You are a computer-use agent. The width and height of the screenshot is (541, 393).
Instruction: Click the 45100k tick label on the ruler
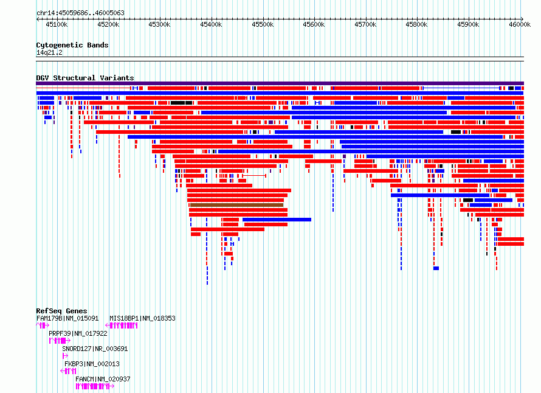coord(57,24)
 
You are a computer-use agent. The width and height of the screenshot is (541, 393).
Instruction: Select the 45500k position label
coord(263,24)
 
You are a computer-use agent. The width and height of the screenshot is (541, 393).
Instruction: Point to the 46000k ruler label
coord(520,24)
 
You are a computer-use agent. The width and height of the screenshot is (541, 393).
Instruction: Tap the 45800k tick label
coord(416,24)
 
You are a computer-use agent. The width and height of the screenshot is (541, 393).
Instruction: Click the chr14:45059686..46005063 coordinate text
coord(80,13)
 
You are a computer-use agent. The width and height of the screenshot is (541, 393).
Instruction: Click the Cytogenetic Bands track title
coord(72,45)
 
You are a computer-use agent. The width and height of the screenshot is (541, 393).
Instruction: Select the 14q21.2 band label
coord(49,52)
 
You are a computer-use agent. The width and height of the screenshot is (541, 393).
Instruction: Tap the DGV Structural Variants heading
coord(85,78)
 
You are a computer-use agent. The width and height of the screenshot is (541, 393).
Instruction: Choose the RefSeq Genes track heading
coord(61,311)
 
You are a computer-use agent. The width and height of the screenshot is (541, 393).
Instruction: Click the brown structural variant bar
coord(236,205)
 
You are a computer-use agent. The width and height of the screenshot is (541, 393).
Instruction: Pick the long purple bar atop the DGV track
coord(280,83)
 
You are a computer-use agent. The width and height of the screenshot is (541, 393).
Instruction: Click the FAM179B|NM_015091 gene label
coord(67,318)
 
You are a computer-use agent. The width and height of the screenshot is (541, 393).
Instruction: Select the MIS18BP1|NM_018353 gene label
coord(142,318)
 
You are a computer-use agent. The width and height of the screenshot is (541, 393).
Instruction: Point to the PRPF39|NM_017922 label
coord(78,333)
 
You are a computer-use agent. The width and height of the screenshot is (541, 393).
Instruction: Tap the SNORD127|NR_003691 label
coord(95,349)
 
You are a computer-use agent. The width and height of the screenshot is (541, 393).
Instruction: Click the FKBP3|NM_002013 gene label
coord(92,364)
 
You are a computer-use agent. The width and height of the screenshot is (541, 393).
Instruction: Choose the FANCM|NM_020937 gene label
coord(103,379)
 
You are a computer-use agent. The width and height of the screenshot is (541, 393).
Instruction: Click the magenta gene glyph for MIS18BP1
coord(122,325)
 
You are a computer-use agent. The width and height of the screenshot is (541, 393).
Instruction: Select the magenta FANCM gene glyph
coord(95,386)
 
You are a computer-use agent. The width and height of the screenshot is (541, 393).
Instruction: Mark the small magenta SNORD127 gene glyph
coord(65,356)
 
